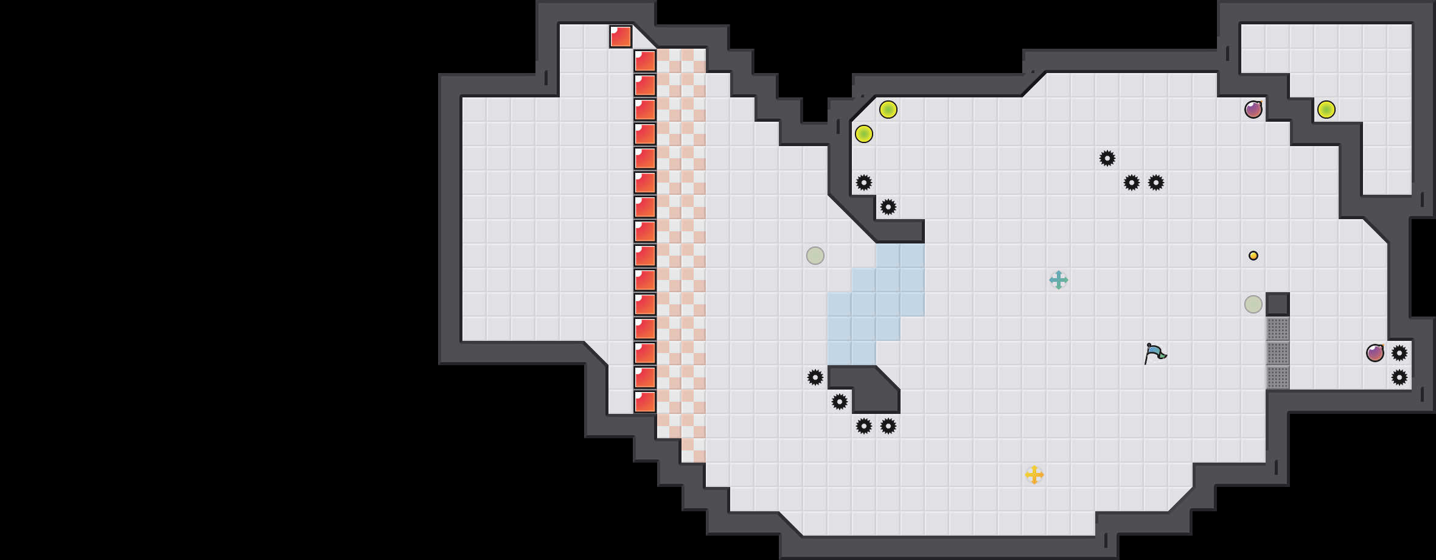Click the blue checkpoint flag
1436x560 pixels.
(1155, 353)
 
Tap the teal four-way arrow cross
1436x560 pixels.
(1059, 280)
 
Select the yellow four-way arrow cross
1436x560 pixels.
(1034, 475)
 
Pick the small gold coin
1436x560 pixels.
(1253, 256)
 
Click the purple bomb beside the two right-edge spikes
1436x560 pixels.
(1375, 353)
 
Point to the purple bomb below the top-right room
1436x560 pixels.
(1253, 110)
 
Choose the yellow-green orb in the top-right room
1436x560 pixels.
(1326, 110)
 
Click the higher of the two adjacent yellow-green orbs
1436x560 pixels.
(888, 110)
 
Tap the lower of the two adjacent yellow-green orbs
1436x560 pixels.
(864, 134)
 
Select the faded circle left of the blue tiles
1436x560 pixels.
(815, 256)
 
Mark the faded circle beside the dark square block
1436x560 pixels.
(1253, 304)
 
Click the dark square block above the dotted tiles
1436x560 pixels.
(1278, 304)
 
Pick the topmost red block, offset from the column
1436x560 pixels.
(621, 37)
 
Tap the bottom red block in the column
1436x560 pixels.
(645, 402)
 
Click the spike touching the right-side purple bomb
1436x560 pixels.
(1399, 353)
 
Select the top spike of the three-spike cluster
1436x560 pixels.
(1107, 158)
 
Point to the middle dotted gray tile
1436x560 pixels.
(1278, 353)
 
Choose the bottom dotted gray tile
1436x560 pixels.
(1278, 377)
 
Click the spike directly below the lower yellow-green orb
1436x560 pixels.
(864, 183)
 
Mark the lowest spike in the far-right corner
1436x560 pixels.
(1399, 377)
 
